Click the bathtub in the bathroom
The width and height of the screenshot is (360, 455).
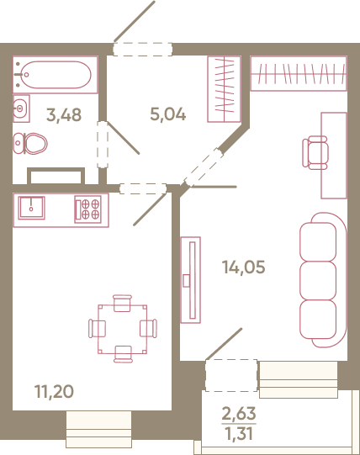click(55, 75)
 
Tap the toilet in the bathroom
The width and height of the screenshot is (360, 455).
click(30, 143)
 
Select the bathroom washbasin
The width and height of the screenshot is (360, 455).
click(21, 108)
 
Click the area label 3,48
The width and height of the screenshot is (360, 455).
click(64, 115)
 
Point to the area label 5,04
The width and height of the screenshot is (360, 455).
click(168, 114)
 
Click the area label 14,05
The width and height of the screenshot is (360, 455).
click(244, 267)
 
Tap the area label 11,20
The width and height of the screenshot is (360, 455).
click(54, 391)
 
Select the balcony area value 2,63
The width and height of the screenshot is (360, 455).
click(239, 413)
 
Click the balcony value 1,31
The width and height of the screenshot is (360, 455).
click(239, 433)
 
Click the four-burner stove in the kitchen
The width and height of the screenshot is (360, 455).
click(87, 209)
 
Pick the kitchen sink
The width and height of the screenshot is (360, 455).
click(31, 208)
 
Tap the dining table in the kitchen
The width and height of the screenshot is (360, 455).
click(123, 329)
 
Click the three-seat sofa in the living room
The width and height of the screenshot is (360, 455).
click(323, 280)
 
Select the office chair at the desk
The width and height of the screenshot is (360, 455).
click(315, 152)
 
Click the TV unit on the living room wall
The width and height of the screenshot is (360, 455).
click(190, 280)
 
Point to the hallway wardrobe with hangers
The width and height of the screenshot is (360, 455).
click(224, 89)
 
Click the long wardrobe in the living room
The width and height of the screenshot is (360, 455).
click(299, 73)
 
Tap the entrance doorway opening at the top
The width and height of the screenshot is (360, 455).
click(142, 49)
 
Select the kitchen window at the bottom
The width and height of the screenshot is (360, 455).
click(98, 429)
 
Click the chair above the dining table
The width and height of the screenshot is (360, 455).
click(122, 303)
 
